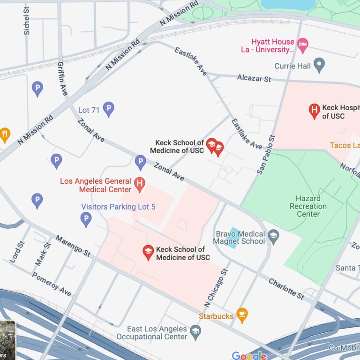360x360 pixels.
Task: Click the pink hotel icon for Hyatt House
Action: tap(303, 45)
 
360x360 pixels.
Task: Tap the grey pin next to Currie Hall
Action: tap(319, 65)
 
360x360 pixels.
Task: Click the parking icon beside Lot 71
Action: tap(109, 109)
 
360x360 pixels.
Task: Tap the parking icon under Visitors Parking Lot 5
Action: tap(86, 218)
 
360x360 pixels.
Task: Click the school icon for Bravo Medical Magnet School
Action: tap(273, 236)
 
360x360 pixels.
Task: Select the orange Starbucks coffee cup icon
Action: tap(242, 315)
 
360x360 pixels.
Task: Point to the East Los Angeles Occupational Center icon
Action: tap(195, 332)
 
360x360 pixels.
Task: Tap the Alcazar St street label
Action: tap(254, 78)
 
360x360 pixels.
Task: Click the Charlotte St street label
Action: tap(286, 288)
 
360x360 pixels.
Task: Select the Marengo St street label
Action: tap(73, 246)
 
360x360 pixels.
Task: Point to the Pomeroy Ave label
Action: tap(52, 284)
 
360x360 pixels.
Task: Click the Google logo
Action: tap(249, 356)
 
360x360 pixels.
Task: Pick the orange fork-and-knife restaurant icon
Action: tap(5, 135)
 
